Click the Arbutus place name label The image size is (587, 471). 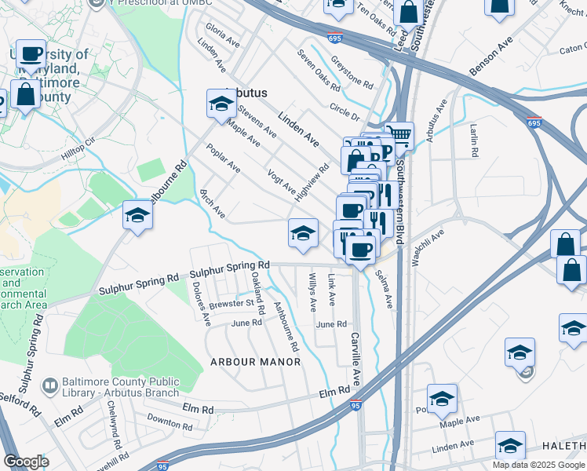(x=246, y=93)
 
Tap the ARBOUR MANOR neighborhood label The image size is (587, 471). (x=255, y=362)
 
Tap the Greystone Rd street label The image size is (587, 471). (x=352, y=71)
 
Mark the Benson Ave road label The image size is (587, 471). (x=490, y=56)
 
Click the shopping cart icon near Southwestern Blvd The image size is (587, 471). (x=400, y=134)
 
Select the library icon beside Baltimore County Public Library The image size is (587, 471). (x=49, y=386)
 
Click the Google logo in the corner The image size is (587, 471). (x=26, y=462)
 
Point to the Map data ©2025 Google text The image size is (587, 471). (x=538, y=465)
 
